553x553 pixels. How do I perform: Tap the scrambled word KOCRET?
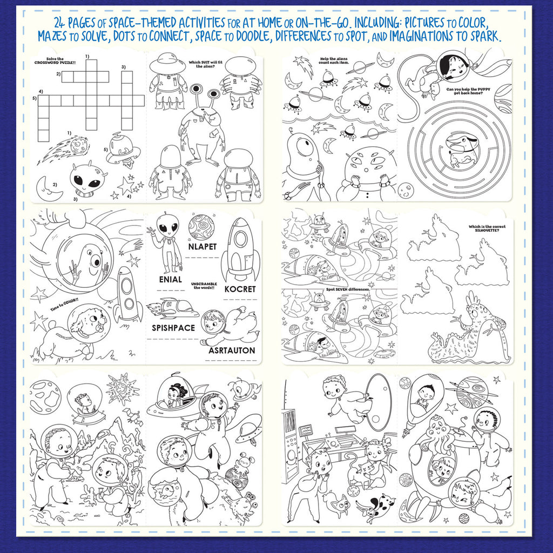tap(240, 289)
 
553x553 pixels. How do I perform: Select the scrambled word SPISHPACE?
tap(173, 327)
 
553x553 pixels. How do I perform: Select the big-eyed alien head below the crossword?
tap(87, 180)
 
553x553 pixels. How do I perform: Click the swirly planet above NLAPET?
tap(201, 226)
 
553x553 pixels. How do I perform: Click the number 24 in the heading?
tap(62, 23)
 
